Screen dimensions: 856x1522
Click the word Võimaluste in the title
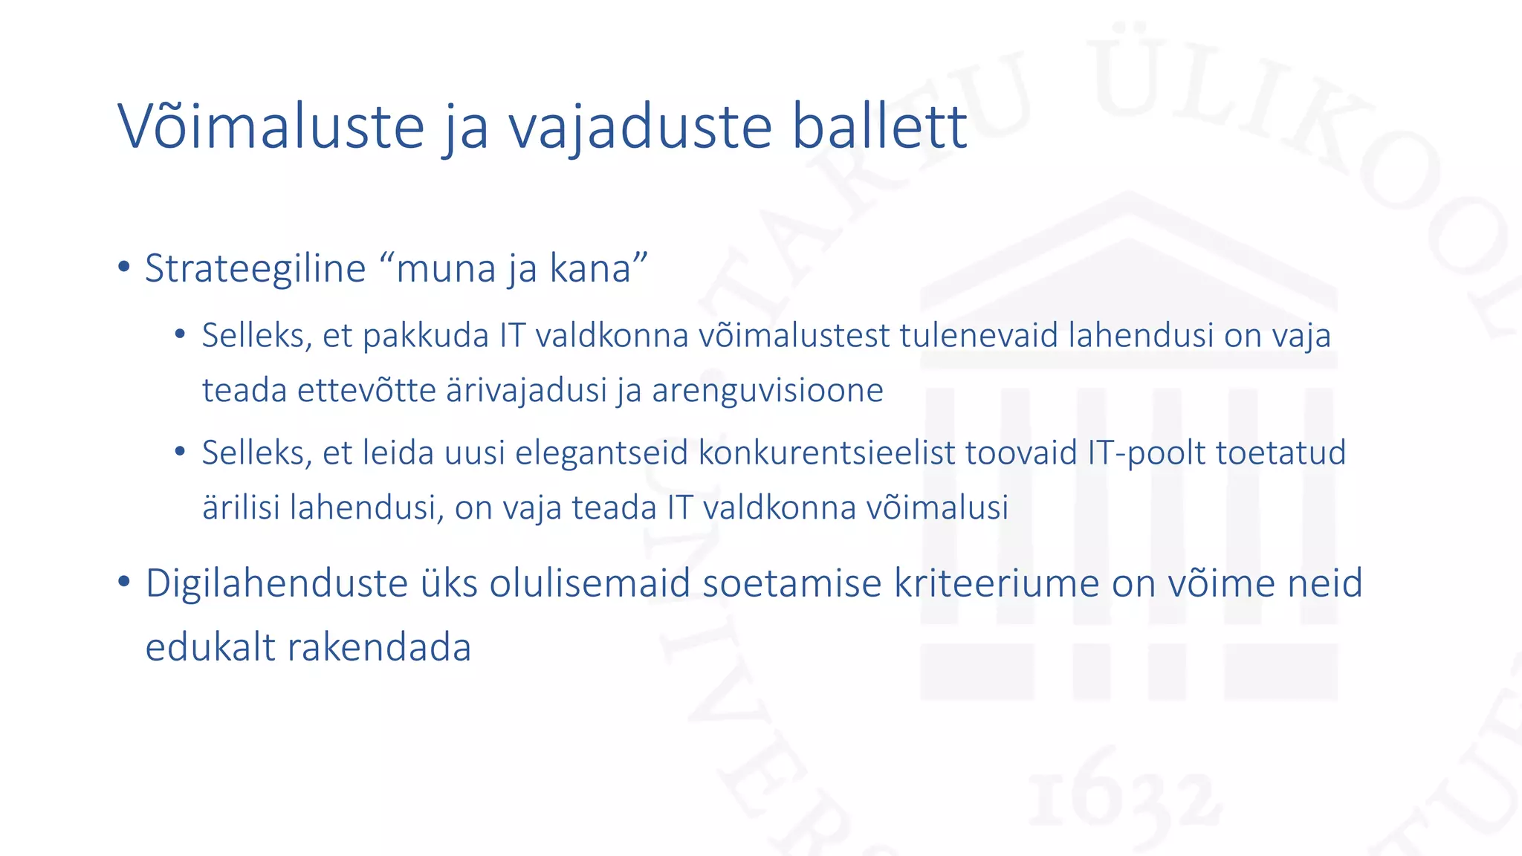pos(271,126)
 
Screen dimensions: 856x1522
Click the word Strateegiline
pos(255,268)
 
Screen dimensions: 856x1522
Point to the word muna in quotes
pos(446,268)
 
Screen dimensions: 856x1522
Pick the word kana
pos(590,268)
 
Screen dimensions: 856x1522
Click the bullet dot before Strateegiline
pos(124,267)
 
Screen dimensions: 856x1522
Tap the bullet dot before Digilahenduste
pos(124,581)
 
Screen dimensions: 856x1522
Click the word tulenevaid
pos(978,335)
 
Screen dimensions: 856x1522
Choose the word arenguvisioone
pos(768,390)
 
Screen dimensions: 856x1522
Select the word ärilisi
pos(241,508)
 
